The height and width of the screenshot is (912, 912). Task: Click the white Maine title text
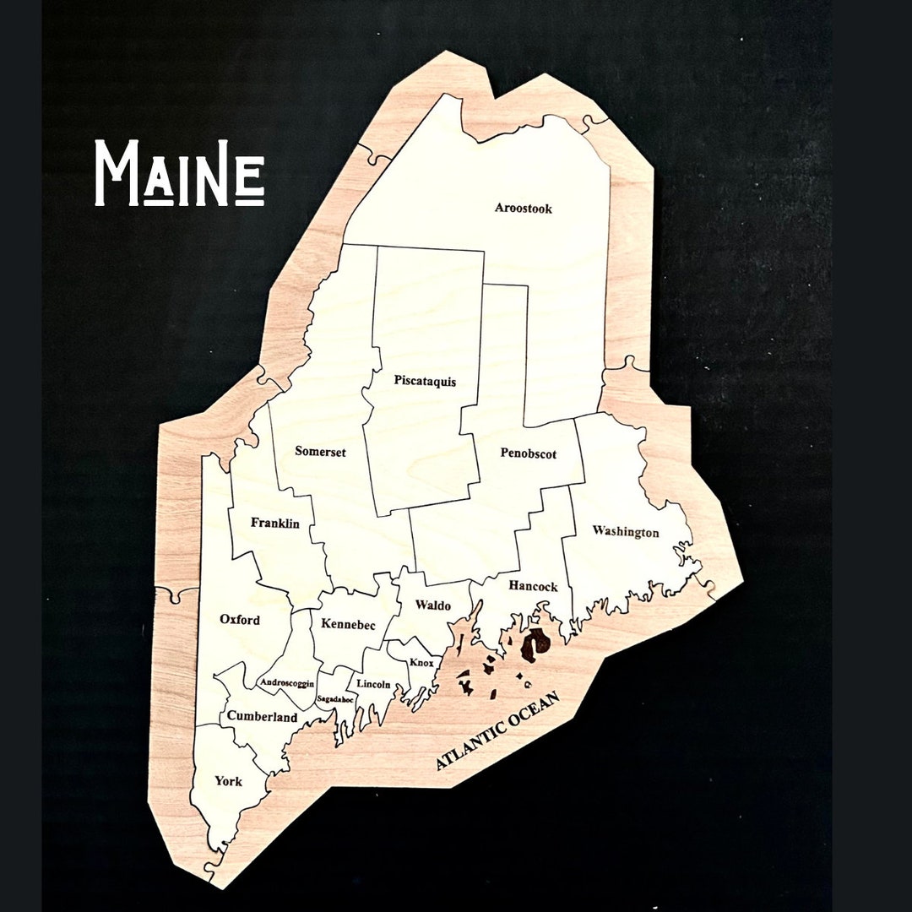point(179,173)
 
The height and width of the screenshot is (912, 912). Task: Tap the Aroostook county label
point(524,209)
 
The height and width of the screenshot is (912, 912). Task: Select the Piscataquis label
point(425,381)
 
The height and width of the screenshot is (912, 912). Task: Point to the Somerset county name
point(320,452)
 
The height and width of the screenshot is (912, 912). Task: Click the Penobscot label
point(529,453)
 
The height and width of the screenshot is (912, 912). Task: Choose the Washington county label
point(625,532)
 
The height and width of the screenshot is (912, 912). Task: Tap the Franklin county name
point(275,524)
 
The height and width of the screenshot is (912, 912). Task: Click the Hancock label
point(533,586)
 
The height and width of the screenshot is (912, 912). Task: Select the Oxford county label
point(240,619)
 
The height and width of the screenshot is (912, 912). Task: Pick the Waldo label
point(432,605)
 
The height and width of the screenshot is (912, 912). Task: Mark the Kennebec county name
point(348,624)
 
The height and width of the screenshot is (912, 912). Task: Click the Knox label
point(421,663)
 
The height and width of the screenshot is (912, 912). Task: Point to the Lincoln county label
point(373,684)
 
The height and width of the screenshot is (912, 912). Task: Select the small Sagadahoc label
point(334,699)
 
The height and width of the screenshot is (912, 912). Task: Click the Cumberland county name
point(262,718)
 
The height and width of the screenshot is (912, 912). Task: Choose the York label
point(228,781)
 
